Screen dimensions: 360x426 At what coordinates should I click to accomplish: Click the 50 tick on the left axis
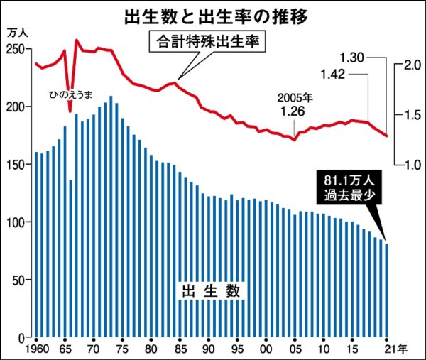coord(19,280)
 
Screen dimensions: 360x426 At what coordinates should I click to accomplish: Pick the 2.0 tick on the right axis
coord(412,65)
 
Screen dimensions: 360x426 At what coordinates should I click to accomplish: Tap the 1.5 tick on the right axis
coord(412,115)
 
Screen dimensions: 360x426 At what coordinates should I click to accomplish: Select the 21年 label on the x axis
coord(395,349)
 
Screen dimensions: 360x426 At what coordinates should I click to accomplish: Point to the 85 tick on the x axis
coord(180,349)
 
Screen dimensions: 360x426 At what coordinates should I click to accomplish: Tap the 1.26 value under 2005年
coord(293,111)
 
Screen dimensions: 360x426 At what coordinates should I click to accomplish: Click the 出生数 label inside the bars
coord(210,291)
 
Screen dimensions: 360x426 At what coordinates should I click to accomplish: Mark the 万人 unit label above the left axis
coord(16,31)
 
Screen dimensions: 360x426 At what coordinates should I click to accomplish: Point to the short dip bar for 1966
coord(71,259)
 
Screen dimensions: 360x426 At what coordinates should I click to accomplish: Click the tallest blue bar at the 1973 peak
coord(111,217)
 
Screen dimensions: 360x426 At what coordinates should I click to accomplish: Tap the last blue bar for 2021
coord(387,291)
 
